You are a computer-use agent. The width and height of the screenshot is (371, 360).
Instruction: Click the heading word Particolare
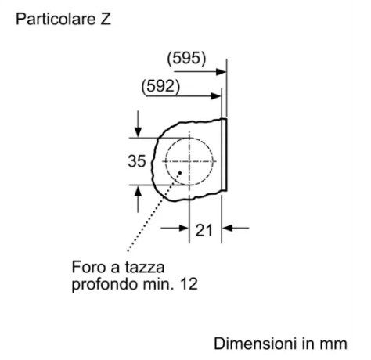coord(55,20)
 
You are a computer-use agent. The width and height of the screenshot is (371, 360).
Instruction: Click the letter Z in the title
coord(105,20)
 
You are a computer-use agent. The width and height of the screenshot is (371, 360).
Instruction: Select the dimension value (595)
coord(186,58)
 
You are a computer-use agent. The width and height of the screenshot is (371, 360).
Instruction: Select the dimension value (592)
coord(160,86)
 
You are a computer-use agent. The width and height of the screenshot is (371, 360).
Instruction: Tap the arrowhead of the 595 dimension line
coord(221,71)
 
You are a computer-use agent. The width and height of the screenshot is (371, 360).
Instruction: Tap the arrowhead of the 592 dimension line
coord(216,96)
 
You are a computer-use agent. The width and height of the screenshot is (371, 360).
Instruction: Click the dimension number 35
coord(137,161)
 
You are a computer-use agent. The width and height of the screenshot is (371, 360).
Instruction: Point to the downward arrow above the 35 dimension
coord(138,124)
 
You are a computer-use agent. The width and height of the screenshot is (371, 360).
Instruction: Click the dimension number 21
coord(204,230)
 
